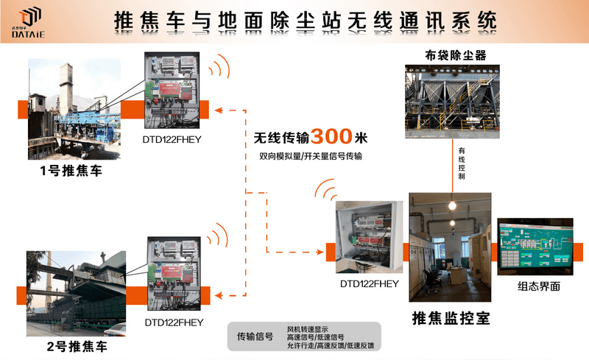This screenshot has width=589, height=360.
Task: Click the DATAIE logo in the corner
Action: pyautogui.click(x=28, y=21)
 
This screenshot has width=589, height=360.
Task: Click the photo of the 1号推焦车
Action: pyautogui.click(x=74, y=109)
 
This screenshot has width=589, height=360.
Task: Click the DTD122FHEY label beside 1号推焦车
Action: pyautogui.click(x=172, y=138)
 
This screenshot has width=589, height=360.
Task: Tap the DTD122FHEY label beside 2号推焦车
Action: pyautogui.click(x=174, y=322)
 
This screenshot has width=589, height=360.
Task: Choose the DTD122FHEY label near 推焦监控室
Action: pyautogui.click(x=369, y=283)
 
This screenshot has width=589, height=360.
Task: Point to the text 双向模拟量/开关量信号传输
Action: pyautogui.click(x=310, y=156)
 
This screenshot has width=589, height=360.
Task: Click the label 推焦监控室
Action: pyautogui.click(x=450, y=318)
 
